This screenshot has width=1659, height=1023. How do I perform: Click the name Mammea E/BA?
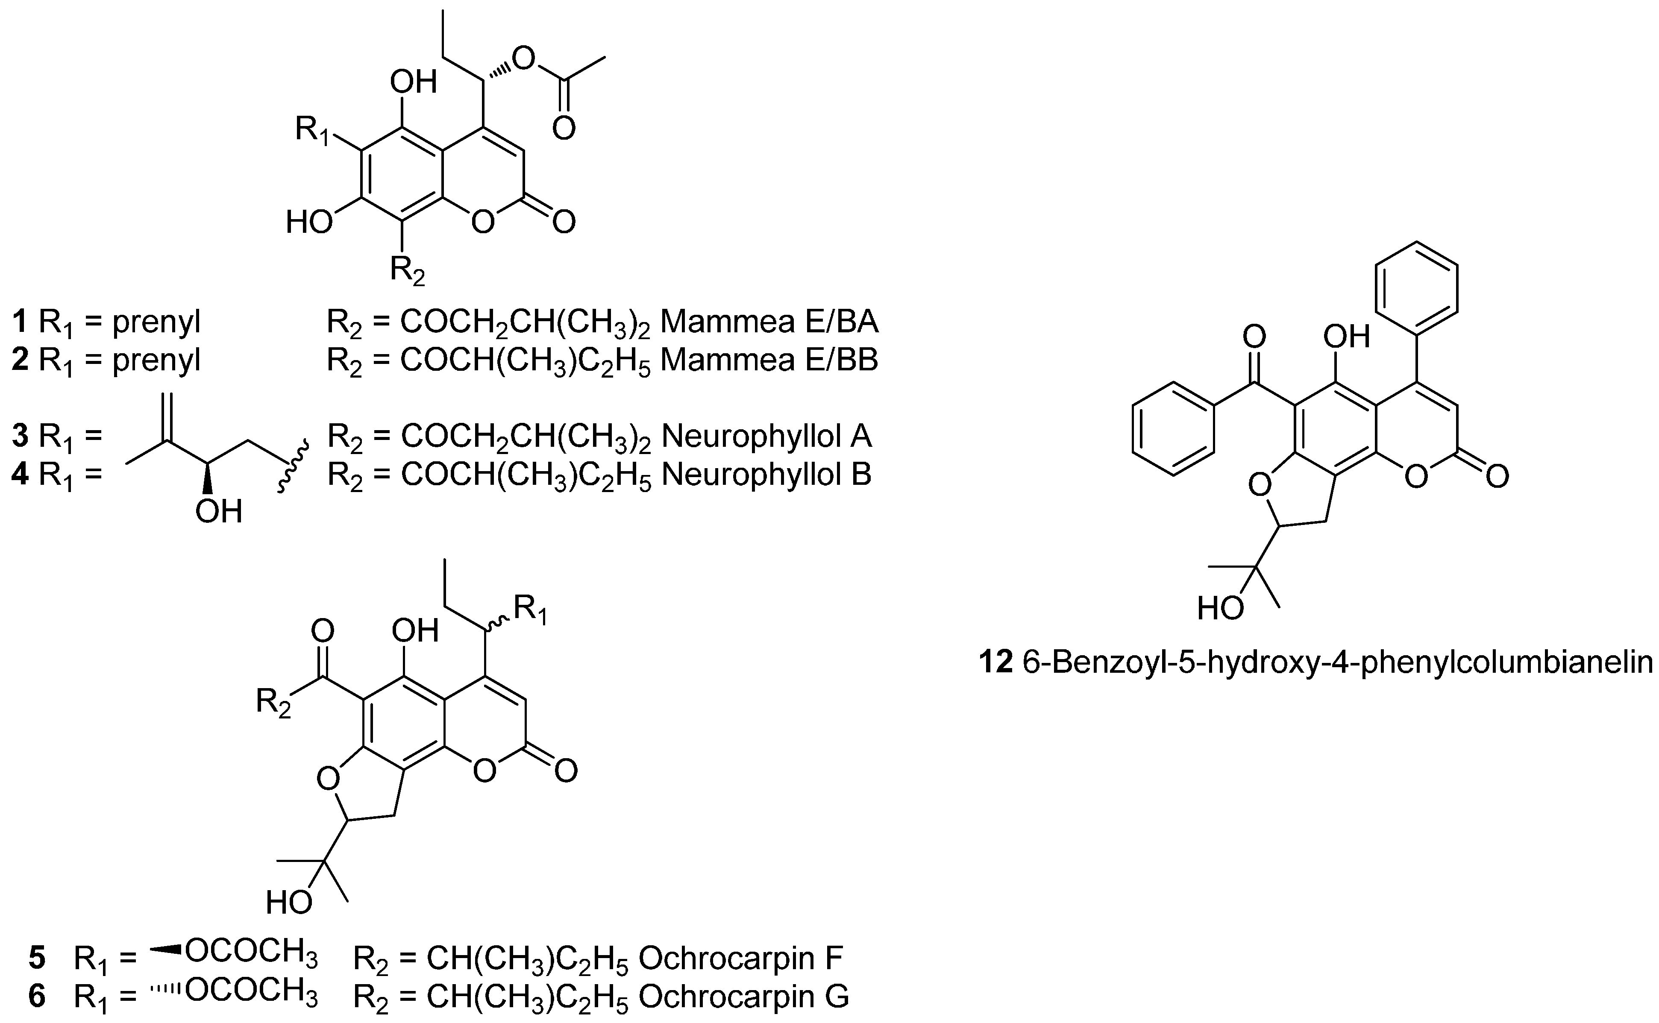[769, 323]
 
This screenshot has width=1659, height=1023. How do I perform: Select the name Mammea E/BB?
[769, 360]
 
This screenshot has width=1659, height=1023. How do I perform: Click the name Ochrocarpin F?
[740, 958]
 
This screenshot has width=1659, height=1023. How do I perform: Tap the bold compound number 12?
[996, 663]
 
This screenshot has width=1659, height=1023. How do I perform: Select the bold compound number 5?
[37, 958]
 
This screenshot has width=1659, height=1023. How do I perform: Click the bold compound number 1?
[21, 323]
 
